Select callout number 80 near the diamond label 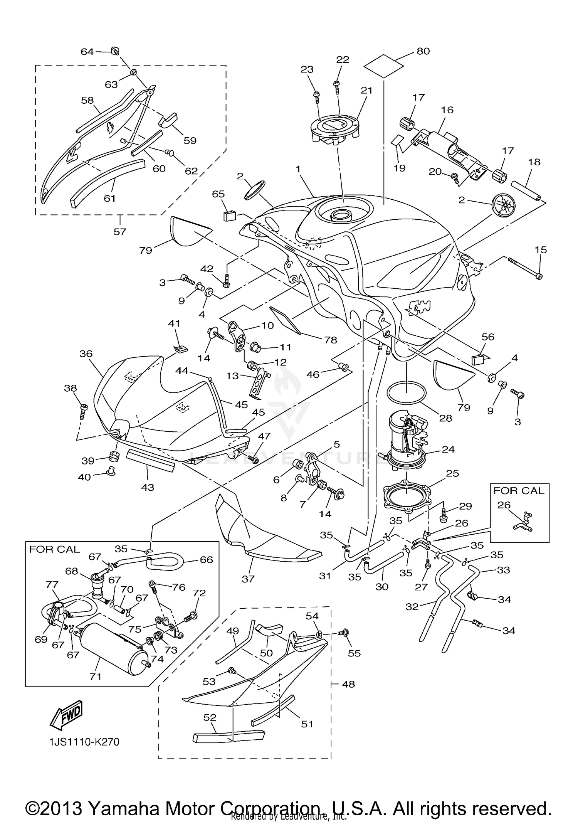[423, 51]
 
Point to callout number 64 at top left [87, 52]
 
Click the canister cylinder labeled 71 [112, 648]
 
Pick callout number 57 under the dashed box [120, 231]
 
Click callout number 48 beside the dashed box [348, 684]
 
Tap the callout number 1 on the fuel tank [298, 169]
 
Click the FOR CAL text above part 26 [519, 491]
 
